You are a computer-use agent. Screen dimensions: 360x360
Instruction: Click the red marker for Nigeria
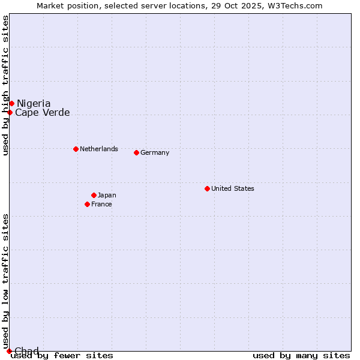tap(11, 104)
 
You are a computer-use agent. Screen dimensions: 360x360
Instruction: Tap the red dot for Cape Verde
tap(10, 112)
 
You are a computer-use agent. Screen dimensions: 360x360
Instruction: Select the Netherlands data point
tap(76, 149)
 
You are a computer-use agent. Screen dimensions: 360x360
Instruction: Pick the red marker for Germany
tap(136, 152)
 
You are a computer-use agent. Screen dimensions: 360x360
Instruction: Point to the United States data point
tap(207, 188)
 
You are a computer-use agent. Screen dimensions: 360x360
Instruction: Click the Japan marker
tap(94, 195)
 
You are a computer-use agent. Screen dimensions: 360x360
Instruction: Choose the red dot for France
tap(88, 204)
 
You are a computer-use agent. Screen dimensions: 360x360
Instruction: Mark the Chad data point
tap(9, 351)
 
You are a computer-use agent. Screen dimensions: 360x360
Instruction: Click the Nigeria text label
tap(34, 104)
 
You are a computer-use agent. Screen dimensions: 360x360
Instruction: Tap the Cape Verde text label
tap(43, 113)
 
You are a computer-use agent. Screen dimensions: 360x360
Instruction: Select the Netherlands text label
tap(99, 149)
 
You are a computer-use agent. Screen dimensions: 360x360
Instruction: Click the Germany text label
tap(155, 152)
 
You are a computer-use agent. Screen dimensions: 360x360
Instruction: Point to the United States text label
tap(233, 188)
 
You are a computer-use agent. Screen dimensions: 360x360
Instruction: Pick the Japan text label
tap(107, 195)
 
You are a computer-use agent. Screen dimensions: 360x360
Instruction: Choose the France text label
tap(101, 204)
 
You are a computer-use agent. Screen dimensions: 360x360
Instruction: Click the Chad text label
tap(26, 351)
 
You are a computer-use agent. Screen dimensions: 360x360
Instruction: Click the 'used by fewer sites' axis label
tap(62, 356)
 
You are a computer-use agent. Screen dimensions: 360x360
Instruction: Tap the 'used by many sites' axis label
tap(301, 356)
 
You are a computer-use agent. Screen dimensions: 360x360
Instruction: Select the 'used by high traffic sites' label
tap(6, 85)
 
